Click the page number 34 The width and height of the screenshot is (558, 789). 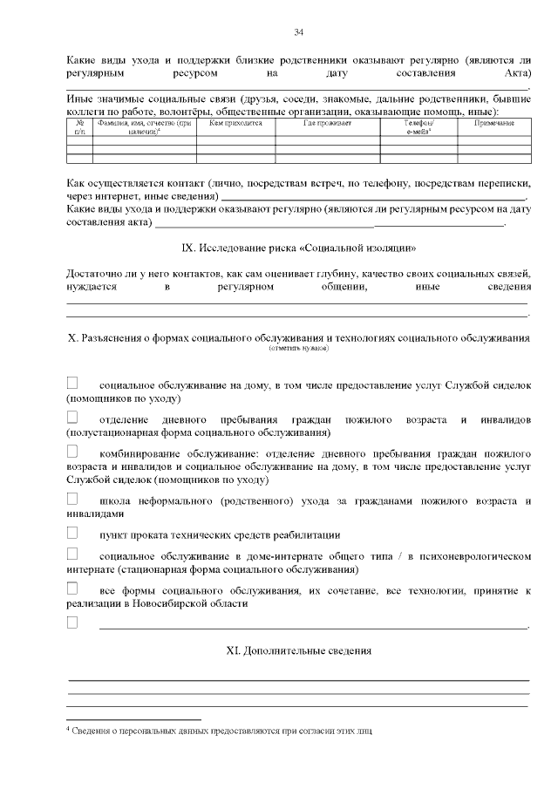[298, 32]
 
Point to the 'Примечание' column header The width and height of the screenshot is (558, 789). [493, 124]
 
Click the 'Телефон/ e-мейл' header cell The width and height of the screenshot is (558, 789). [418, 127]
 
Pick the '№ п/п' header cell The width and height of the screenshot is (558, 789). [79, 127]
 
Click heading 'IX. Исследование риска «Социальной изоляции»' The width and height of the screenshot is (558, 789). [298, 247]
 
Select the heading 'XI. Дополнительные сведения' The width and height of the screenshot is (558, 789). [298, 650]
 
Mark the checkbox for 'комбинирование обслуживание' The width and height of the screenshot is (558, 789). [72, 452]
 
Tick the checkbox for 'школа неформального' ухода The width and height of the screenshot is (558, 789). [72, 500]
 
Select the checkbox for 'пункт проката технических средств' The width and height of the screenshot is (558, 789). [72, 533]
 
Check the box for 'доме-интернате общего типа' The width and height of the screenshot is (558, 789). [72, 554]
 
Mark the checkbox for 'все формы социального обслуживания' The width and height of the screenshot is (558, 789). [72, 589]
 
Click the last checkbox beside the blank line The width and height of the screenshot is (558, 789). [72, 622]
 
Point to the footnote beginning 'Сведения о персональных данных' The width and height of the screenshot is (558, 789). [222, 731]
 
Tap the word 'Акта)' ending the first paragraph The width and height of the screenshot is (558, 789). [512, 74]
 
